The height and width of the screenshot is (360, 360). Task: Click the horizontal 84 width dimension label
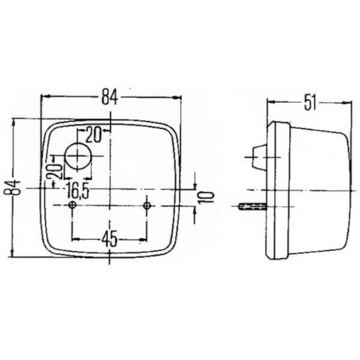point(109,97)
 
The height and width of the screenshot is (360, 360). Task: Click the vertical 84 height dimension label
point(12,187)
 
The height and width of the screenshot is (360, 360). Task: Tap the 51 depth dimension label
point(310,102)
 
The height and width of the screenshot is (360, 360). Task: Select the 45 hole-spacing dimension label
point(109,239)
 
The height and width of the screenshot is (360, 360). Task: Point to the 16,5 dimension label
point(77,190)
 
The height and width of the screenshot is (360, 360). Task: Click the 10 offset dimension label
point(208,198)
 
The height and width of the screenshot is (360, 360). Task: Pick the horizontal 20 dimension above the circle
point(93,135)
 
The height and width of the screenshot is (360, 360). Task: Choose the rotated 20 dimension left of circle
point(54,171)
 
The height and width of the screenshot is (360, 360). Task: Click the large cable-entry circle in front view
point(78,156)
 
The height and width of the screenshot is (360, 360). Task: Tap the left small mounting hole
point(72,205)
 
